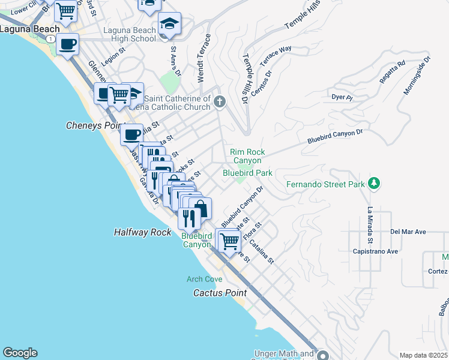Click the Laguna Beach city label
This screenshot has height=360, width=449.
tap(30, 29)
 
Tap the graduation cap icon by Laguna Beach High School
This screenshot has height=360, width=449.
tap(170, 25)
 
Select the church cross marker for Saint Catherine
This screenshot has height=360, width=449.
tap(219, 101)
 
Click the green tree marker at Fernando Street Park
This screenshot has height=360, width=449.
tap(374, 182)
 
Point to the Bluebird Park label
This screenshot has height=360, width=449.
tap(247, 173)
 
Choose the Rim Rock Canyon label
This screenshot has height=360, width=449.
tap(247, 157)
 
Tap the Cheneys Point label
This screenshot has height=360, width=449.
tap(91, 126)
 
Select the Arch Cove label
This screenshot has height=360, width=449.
tap(204, 279)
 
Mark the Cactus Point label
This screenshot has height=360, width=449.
tap(220, 293)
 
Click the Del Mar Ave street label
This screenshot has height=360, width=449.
tap(408, 232)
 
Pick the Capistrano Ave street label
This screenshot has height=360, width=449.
tap(376, 251)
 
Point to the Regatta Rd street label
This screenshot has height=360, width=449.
tap(393, 71)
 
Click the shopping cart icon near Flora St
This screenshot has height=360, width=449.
tap(228, 241)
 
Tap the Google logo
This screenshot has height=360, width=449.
tap(20, 353)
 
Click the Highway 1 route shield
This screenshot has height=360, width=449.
tap(52, 38)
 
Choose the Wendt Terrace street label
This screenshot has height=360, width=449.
tap(204, 59)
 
